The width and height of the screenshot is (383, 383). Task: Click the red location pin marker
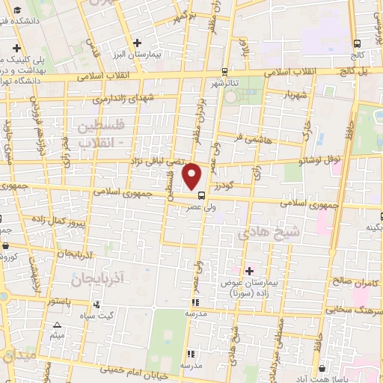[193, 177]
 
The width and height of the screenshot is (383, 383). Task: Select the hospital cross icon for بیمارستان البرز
[136, 43]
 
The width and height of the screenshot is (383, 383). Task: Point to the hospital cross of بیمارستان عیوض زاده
[249, 270]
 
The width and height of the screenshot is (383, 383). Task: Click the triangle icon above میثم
[57, 325]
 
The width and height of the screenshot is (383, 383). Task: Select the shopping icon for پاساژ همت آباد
[322, 369]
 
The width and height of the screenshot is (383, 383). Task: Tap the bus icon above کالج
[358, 43]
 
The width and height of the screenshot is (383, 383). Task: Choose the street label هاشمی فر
[250, 138]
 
